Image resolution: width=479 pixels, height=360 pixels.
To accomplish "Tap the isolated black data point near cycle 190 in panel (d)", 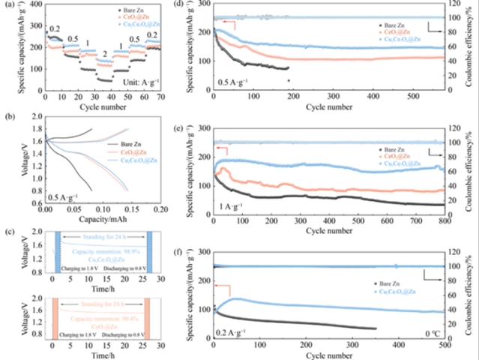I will click(289, 80).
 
